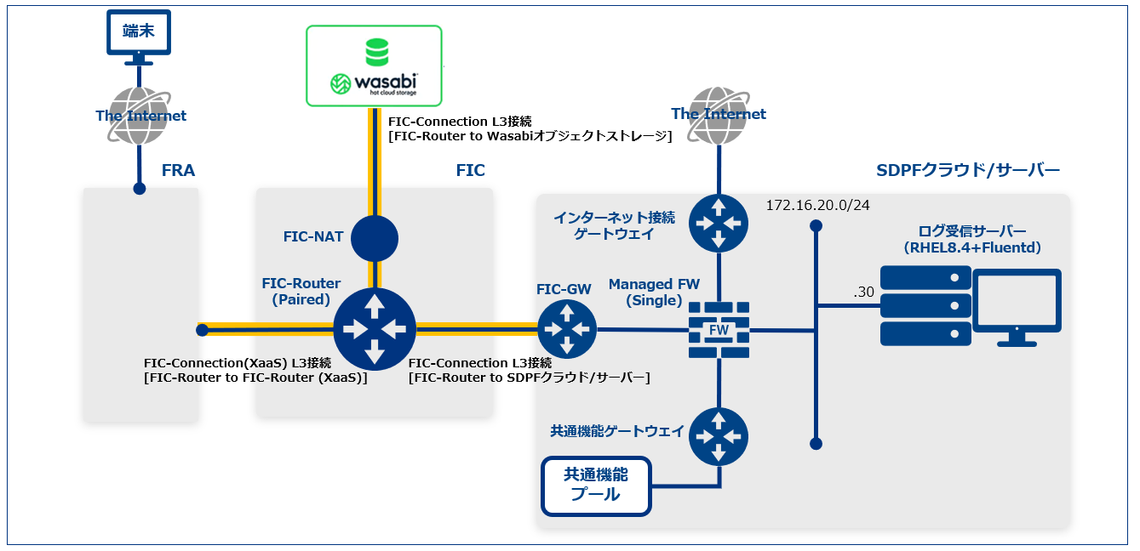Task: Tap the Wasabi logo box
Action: coord(374,65)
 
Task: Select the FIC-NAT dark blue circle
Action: coord(375,238)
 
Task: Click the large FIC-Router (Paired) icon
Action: coord(375,328)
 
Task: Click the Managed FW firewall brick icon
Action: coord(719,328)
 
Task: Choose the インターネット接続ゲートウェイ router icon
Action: coord(719,223)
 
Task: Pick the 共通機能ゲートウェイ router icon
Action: coord(719,435)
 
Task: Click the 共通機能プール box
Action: coord(597,486)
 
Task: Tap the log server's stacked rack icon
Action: coord(925,304)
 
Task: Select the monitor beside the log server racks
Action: coord(1017,307)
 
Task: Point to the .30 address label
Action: coord(864,292)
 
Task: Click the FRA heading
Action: coord(178,171)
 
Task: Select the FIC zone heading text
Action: coord(470,171)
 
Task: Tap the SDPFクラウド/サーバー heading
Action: coord(968,171)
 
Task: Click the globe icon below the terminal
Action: coord(140,116)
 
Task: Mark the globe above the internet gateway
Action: coord(718,114)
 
